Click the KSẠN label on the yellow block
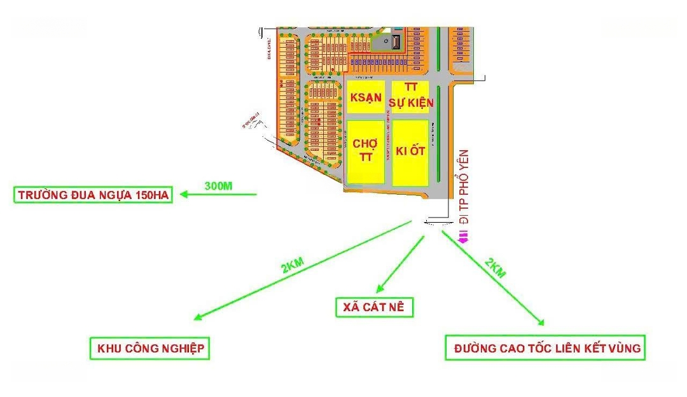[x=366, y=98]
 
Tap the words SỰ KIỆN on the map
[x=412, y=102]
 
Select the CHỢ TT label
[x=366, y=151]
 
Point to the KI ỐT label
[x=410, y=151]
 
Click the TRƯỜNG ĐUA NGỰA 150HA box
[x=94, y=195]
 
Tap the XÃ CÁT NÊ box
[x=375, y=308]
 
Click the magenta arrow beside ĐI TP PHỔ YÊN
[x=464, y=239]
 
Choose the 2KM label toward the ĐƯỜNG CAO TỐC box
[x=496, y=268]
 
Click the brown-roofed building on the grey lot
[x=395, y=43]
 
